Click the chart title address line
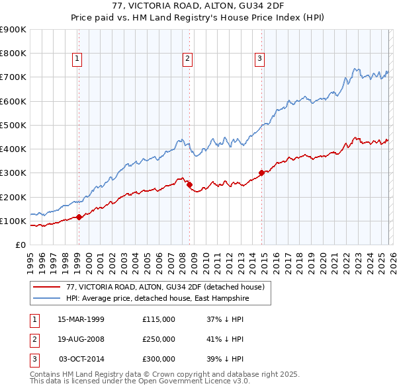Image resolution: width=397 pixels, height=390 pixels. coord(198,6)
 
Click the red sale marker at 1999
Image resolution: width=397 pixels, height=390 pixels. coord(79,217)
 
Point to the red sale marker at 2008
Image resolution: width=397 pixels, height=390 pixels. coord(189,185)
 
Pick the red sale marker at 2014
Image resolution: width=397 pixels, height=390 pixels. coord(261,173)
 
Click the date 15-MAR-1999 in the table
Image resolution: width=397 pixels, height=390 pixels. coord(81,319)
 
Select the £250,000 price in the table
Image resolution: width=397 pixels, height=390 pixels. coord(159,339)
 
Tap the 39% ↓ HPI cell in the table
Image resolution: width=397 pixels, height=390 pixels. coord(226,359)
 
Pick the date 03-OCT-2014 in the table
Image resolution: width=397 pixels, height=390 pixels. coord(81,359)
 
